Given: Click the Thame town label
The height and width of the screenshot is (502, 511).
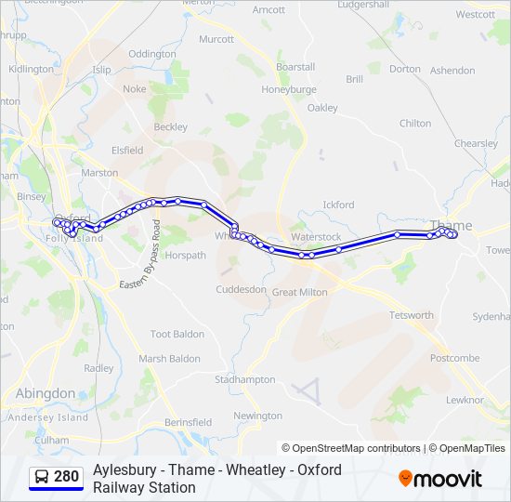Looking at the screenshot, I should coord(452,225).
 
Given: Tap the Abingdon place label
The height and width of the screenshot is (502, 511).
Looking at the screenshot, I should coord(46,393).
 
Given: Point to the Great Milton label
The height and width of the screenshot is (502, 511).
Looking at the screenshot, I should coord(300,292).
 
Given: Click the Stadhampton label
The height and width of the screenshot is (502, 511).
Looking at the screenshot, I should coord(245,379).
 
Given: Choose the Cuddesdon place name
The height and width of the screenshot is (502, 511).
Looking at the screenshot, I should coord(242,290).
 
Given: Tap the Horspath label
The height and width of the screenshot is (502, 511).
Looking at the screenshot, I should coord(185,255).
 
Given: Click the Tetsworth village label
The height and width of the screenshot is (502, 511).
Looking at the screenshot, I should coord(412,315).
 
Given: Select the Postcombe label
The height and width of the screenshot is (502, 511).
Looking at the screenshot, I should coord(455,358).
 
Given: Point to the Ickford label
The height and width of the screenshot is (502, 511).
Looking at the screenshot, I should coord(338,205).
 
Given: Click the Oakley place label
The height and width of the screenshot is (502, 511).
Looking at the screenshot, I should coord(322,108).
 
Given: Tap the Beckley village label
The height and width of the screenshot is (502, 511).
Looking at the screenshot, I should coord(170,126).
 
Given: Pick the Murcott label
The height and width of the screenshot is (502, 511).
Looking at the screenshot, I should coord(216,39).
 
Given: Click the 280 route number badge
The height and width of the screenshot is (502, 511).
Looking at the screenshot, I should coord(66,477).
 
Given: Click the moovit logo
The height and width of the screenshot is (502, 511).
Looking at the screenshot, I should coord(440,478).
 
